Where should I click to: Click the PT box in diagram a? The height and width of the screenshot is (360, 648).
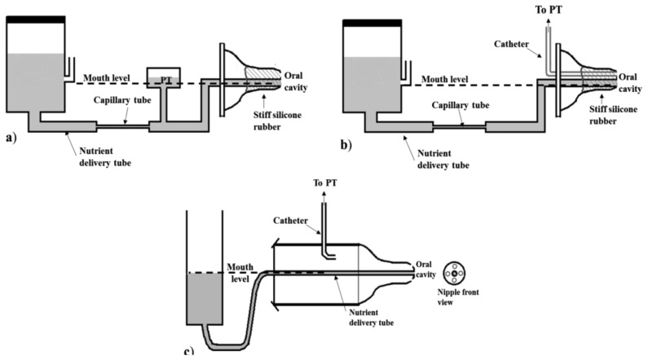[x=164, y=77]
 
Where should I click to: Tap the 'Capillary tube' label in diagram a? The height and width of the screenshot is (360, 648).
[x=122, y=100]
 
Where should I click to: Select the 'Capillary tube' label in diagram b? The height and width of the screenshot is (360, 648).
[x=461, y=105]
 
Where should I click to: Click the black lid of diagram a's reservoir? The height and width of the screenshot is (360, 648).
[x=36, y=20]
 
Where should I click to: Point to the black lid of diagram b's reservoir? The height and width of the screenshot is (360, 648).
[x=372, y=23]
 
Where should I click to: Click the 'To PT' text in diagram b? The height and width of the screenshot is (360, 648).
[x=549, y=10]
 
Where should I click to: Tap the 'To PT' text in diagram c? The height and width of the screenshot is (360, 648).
[x=325, y=182]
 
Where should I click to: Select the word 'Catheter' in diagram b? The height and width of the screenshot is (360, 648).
[x=511, y=44]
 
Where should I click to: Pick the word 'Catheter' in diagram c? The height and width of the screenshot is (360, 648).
[x=290, y=221]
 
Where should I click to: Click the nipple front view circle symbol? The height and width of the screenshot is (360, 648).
[x=454, y=273]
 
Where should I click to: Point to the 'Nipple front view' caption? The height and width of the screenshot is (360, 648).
[x=458, y=297]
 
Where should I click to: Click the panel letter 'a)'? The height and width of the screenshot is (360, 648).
[x=11, y=138]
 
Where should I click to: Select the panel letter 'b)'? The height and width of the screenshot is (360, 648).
[x=346, y=145]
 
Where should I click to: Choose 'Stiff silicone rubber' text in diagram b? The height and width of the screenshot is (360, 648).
[x=607, y=115]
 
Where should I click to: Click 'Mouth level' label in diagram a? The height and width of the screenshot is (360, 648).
[x=107, y=77]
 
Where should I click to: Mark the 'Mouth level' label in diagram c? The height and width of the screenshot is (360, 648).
[x=240, y=273]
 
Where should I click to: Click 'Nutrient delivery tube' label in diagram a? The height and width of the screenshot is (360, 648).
[x=105, y=157]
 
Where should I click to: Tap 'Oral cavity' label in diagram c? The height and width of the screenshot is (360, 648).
[x=425, y=269]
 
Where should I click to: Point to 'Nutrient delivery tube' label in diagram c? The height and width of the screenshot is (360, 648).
[x=371, y=318]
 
